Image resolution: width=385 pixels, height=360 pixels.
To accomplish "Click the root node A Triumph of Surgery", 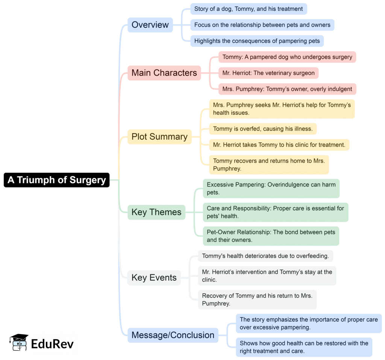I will (57, 180).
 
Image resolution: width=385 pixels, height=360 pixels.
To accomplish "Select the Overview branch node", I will (150, 25).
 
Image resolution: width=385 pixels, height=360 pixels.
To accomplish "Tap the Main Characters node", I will (164, 73).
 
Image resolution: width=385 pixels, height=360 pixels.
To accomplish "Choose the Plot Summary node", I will (159, 137).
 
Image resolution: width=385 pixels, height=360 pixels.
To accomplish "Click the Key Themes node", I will (156, 212).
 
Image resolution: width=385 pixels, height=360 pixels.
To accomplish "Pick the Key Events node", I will (154, 278).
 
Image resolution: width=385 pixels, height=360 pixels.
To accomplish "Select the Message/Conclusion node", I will (173, 335).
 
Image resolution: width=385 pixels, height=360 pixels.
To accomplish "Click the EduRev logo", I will (42, 342).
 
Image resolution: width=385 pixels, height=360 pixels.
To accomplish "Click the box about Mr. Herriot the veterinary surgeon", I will (268, 73).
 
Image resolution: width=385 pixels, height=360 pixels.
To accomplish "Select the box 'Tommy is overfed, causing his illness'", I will (262, 129).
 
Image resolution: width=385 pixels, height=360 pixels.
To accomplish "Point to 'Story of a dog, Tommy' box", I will (249, 9).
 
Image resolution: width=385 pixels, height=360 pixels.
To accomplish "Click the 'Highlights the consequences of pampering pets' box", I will (257, 41).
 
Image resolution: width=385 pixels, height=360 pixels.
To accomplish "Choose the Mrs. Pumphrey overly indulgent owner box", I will (287, 89).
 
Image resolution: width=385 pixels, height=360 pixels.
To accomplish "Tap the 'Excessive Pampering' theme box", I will (271, 188).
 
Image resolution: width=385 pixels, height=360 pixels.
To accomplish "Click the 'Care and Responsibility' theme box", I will (275, 212).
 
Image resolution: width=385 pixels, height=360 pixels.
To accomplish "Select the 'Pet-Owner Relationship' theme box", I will (271, 236).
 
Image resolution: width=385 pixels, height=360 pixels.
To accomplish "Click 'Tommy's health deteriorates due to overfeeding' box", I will (265, 256).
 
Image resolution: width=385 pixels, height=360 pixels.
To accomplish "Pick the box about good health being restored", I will (304, 347).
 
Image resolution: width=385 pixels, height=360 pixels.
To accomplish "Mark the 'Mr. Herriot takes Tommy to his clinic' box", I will (279, 144).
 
